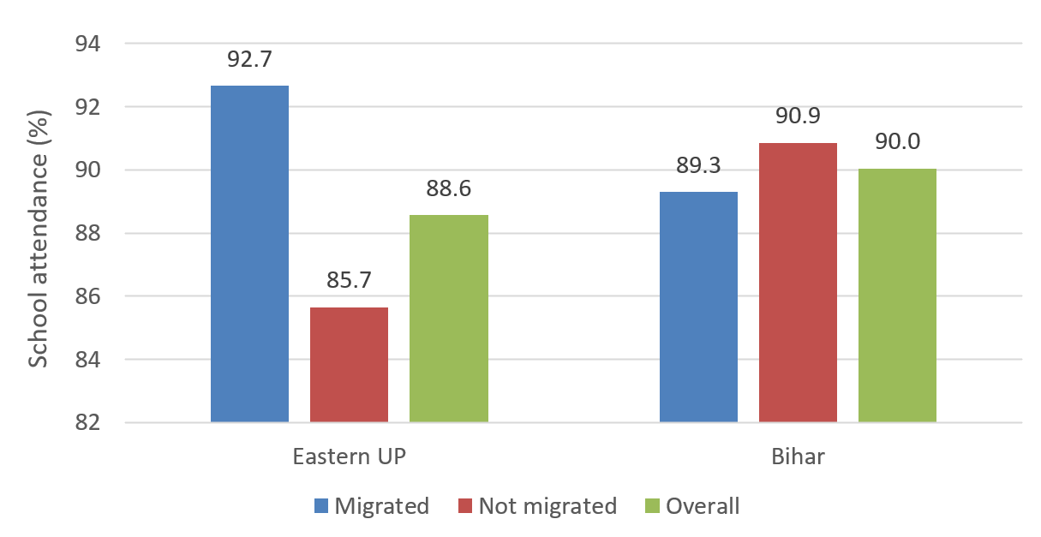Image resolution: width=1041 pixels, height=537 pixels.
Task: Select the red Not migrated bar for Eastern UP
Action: click(x=349, y=364)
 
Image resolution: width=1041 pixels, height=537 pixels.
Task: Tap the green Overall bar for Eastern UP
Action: click(x=449, y=318)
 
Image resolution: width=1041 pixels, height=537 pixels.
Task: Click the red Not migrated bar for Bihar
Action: click(x=798, y=282)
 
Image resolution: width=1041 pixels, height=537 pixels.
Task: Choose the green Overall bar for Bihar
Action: click(x=897, y=295)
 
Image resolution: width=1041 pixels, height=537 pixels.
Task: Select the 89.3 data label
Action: click(x=698, y=166)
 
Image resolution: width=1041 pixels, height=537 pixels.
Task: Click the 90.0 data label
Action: click(x=897, y=142)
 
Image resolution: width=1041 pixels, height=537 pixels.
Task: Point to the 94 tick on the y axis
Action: click(x=88, y=44)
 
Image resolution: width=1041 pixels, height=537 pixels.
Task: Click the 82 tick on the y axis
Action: click(x=88, y=423)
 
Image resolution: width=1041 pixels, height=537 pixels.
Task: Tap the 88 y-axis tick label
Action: click(x=88, y=234)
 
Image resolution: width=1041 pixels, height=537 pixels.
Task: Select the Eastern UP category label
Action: click(x=349, y=456)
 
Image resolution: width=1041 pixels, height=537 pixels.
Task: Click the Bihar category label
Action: click(x=798, y=456)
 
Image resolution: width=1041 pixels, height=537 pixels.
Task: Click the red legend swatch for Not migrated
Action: click(x=465, y=506)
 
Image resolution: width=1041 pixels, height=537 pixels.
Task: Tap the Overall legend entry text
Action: click(x=703, y=506)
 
